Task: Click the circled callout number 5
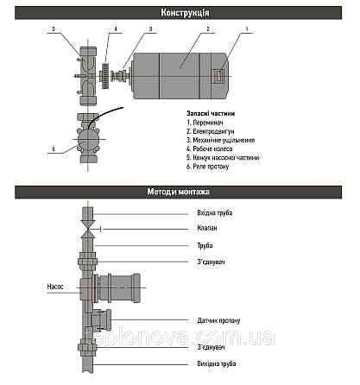[53, 30]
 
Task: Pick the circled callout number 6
[53, 148]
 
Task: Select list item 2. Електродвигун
[212, 131]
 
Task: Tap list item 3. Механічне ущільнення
[222, 140]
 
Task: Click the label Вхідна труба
[215, 212]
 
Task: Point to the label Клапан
[208, 229]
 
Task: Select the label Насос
[47, 285]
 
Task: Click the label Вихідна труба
[217, 363]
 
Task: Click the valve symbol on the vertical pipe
[87, 230]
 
